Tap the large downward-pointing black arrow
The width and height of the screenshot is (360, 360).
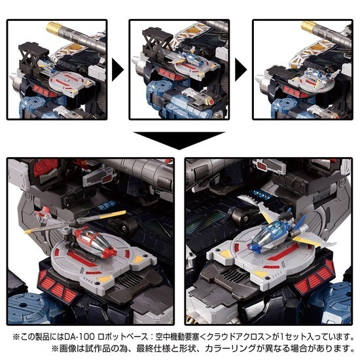(180, 139)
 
